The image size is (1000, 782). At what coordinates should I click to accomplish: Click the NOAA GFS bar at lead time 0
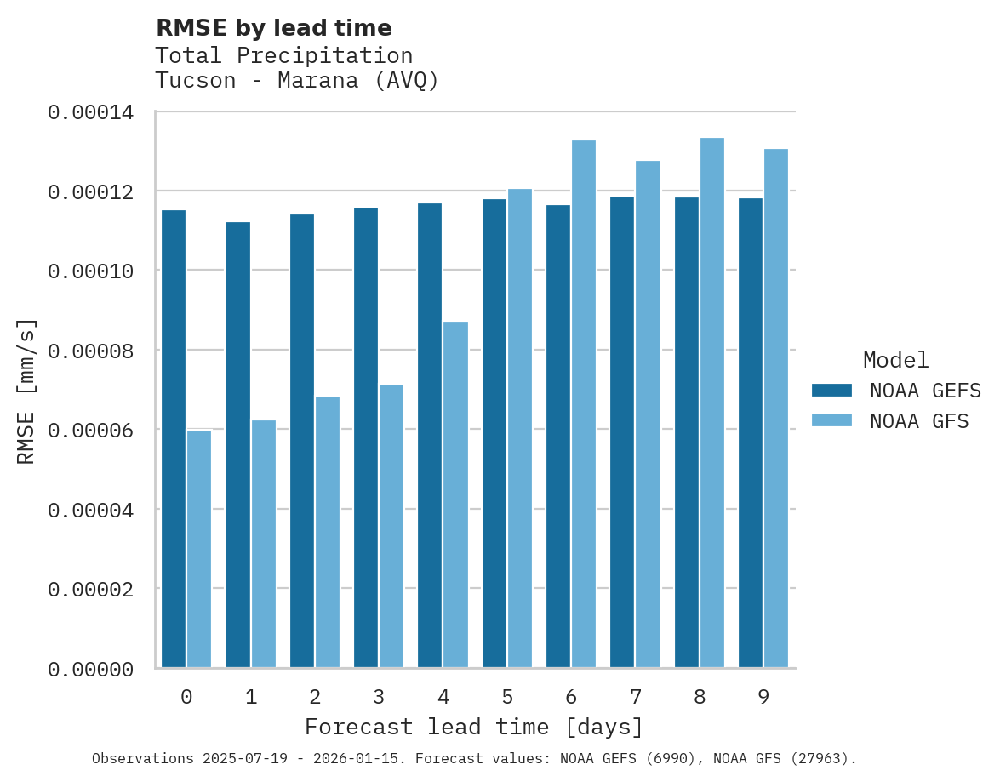point(199,549)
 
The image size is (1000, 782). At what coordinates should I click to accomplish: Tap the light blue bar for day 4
point(455,494)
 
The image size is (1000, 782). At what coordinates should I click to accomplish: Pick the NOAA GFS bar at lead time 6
point(584,404)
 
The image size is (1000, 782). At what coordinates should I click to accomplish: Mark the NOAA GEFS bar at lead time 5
point(494,433)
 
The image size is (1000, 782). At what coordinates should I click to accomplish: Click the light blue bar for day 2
point(328,532)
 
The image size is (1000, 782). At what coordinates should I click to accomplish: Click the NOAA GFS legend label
point(919,420)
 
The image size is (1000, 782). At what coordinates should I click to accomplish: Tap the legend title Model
point(895,360)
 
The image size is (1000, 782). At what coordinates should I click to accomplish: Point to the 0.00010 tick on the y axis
point(90,271)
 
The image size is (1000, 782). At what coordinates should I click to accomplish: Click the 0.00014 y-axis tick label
point(90,112)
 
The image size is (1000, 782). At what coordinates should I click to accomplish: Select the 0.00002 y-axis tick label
point(90,589)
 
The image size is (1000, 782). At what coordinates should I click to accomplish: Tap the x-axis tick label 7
point(636,698)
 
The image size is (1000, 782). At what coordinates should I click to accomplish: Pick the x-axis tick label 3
point(379,698)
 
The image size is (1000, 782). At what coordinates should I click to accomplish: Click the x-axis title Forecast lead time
point(474,728)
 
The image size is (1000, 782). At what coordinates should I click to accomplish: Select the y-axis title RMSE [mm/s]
point(27,391)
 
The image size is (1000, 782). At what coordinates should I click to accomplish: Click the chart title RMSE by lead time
point(274,28)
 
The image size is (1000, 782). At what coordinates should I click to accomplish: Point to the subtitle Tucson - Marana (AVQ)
point(297,81)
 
